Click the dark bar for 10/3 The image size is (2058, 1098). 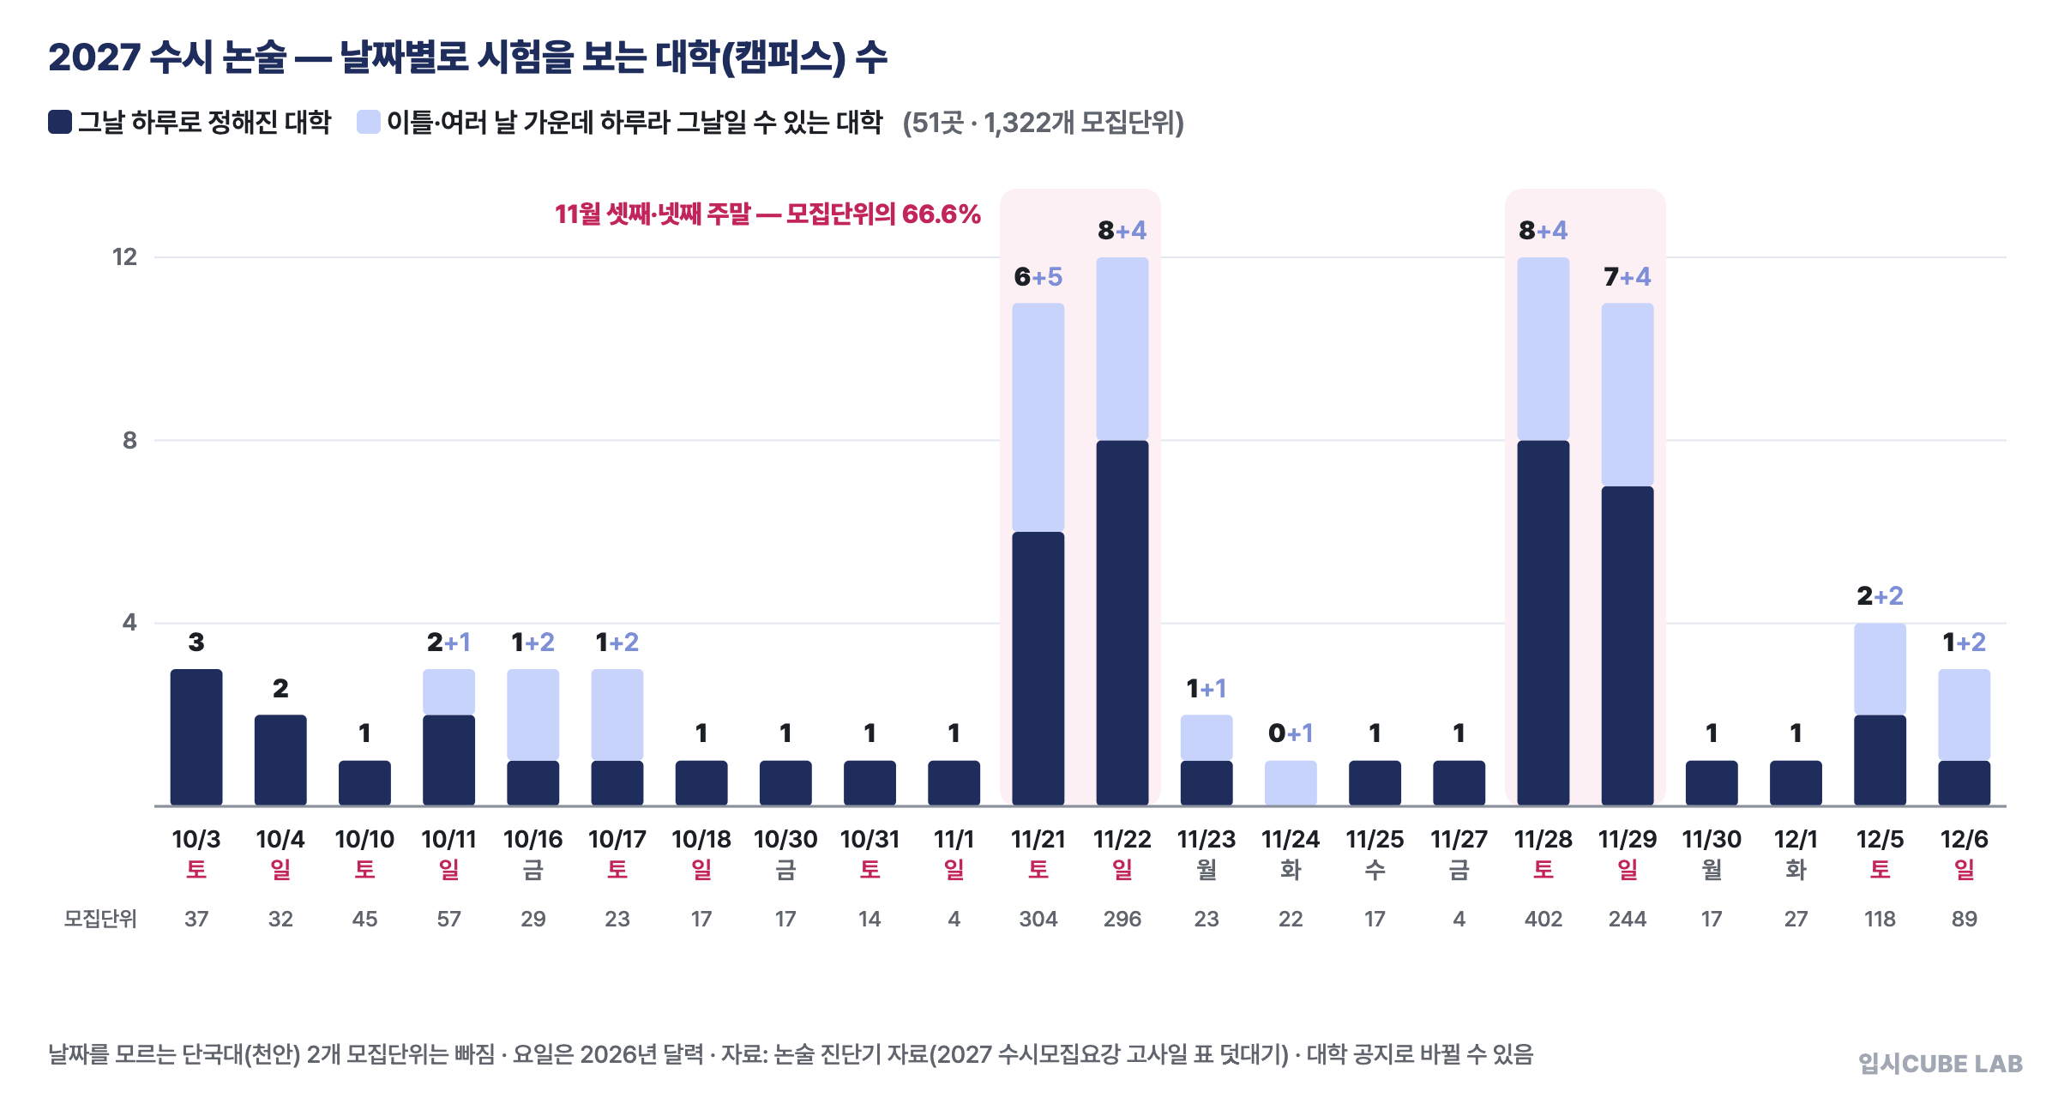coord(196,737)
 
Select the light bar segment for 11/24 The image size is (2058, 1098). coord(1291,782)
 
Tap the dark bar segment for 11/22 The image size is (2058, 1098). coord(1122,623)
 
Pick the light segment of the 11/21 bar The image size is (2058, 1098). coord(1038,417)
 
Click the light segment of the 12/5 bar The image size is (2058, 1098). coord(1880,669)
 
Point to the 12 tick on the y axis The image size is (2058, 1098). coord(125,257)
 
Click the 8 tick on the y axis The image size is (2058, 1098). coord(129,440)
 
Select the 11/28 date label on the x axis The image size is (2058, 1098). coord(1543,839)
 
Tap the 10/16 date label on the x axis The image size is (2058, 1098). coord(533,839)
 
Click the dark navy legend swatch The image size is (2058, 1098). coord(60,122)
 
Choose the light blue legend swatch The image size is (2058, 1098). coord(369,122)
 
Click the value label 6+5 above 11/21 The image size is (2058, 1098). coord(1038,277)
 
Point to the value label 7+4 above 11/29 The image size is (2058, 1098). coord(1628,277)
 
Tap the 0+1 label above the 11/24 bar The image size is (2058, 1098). coord(1291,733)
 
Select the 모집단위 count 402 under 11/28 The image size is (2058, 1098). coord(1543,919)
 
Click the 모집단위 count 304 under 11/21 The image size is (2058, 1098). coord(1038,919)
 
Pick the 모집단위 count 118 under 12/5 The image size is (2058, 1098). coord(1880,919)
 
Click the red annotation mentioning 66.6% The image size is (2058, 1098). coord(767,214)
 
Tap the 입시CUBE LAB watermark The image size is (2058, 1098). coord(1941,1064)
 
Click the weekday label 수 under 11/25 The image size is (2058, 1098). coord(1375,870)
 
